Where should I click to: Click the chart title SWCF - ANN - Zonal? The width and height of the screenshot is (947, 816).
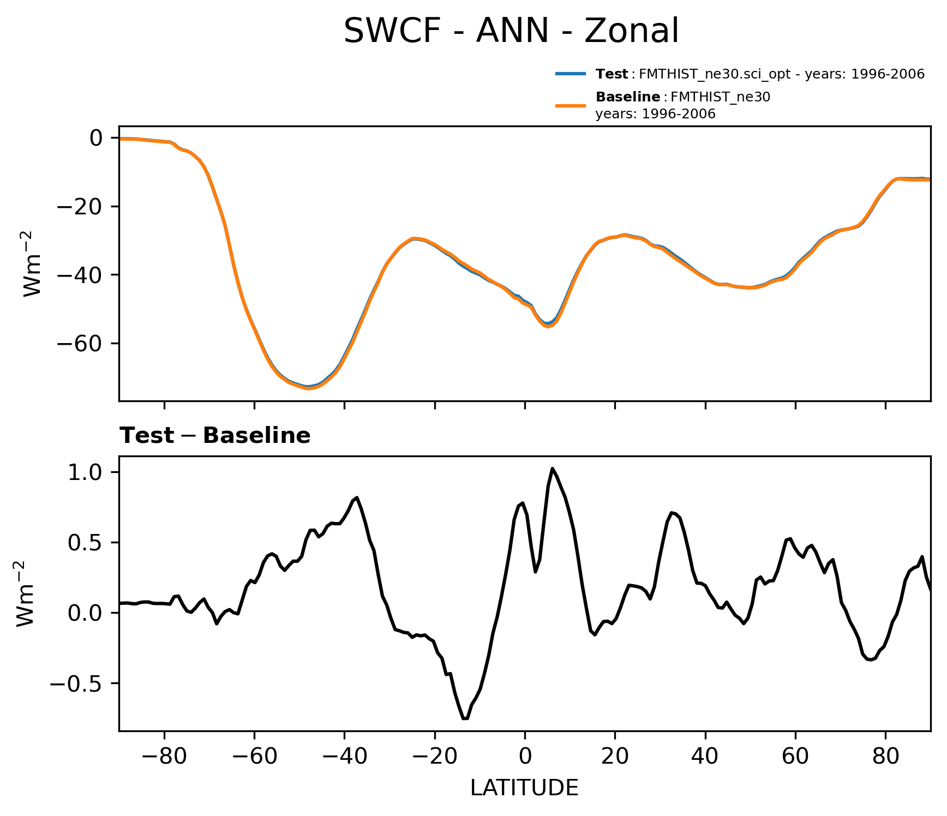(x=511, y=31)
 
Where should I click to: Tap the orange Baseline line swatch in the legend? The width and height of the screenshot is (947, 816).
(x=571, y=105)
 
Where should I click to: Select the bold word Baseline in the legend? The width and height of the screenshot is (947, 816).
(x=628, y=97)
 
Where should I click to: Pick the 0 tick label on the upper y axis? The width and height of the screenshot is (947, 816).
(x=97, y=139)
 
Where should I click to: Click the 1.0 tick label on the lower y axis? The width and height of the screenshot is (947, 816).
(x=85, y=472)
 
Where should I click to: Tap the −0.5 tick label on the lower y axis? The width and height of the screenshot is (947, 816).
(x=76, y=683)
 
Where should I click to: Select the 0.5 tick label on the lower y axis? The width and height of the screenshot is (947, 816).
(x=85, y=543)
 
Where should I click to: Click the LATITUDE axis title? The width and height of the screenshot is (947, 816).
(x=524, y=788)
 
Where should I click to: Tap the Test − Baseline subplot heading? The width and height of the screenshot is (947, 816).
(x=215, y=436)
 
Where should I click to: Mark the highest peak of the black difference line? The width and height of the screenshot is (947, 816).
(x=553, y=469)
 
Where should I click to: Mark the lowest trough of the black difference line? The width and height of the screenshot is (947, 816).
(x=465, y=718)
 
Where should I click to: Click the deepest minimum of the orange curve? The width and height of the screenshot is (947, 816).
(x=308, y=388)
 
